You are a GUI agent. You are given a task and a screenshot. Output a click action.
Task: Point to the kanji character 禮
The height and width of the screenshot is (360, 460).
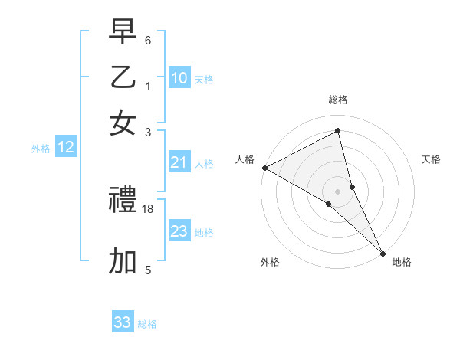123,201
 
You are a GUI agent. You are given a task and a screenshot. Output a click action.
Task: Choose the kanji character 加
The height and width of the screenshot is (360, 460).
123,261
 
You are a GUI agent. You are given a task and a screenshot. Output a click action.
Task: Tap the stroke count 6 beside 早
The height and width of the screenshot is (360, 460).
148,40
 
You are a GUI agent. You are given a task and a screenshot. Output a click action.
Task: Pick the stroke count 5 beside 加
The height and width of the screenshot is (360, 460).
148,270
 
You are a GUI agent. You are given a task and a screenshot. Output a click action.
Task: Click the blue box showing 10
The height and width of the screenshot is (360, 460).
179,78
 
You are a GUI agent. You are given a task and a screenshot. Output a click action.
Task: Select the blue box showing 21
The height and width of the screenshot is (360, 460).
179,162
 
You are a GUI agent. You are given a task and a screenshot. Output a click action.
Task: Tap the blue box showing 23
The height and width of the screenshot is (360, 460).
179,231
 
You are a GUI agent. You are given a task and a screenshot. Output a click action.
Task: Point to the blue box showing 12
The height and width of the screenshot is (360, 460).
66,148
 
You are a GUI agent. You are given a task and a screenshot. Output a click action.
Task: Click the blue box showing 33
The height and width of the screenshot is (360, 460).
123,322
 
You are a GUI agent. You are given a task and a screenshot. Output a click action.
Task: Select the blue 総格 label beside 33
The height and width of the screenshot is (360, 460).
147,324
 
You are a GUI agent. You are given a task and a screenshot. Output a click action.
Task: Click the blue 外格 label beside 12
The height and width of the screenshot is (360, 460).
41,149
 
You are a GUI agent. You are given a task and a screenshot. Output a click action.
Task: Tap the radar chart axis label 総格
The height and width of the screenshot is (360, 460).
338,100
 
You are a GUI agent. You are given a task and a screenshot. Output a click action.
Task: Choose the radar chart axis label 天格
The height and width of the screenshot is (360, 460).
431,159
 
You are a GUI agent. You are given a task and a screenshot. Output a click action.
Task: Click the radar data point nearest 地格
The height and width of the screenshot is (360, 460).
383,252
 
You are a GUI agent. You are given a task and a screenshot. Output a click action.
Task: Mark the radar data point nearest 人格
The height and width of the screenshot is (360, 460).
264,168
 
